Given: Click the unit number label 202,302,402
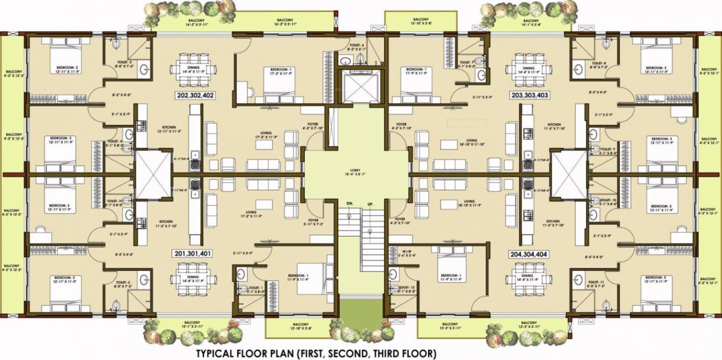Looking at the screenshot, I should pos(195,95).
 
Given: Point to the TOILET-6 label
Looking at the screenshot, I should pos(357,45).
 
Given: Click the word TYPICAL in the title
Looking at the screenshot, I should pos(218,354).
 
